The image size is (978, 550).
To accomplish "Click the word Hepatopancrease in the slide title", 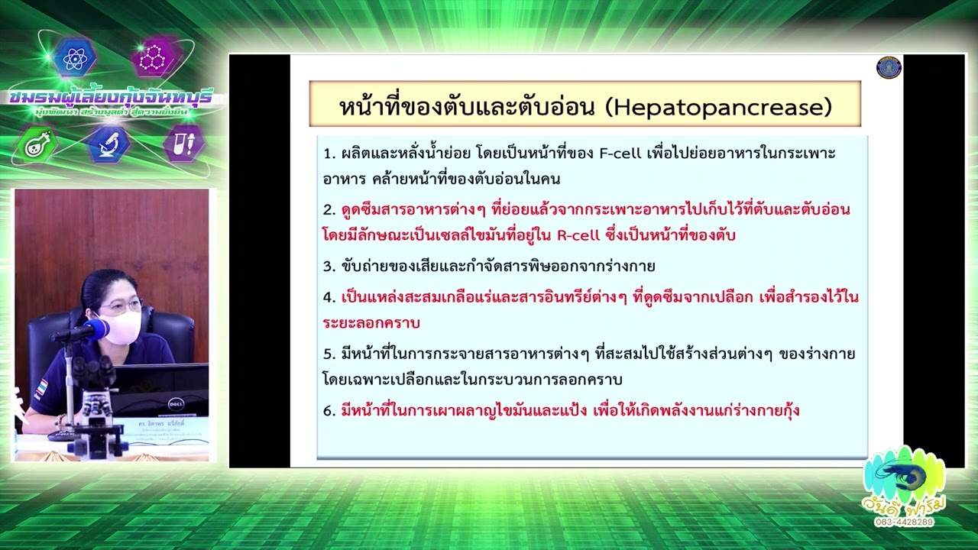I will coord(717,107).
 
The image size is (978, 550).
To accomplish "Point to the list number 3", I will coord(329,267).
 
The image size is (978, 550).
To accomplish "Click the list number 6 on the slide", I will coord(329,411).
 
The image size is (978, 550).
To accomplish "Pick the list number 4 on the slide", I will coord(329,297).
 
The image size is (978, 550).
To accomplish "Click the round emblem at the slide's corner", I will coord(889,67).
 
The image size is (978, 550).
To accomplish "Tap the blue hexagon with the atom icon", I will coord(75,58).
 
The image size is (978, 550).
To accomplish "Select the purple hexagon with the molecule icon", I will coord(153,58).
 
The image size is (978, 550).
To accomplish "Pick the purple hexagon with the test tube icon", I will coord(183,144).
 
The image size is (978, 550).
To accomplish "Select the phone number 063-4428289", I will coord(904,522).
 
